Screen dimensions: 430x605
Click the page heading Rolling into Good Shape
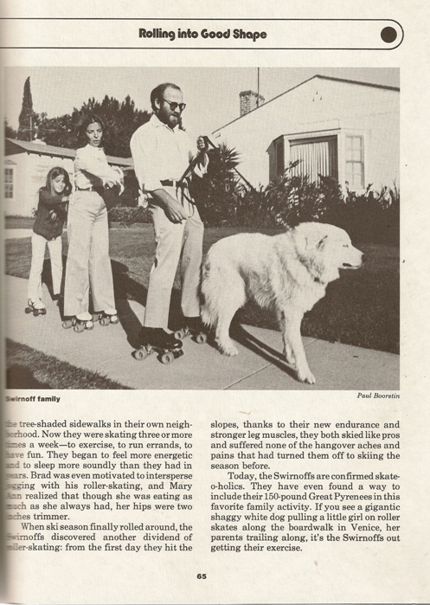click(202, 35)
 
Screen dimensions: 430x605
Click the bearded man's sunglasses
click(173, 106)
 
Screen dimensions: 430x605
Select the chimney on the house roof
click(250, 100)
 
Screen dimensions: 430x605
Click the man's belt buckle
click(176, 183)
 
